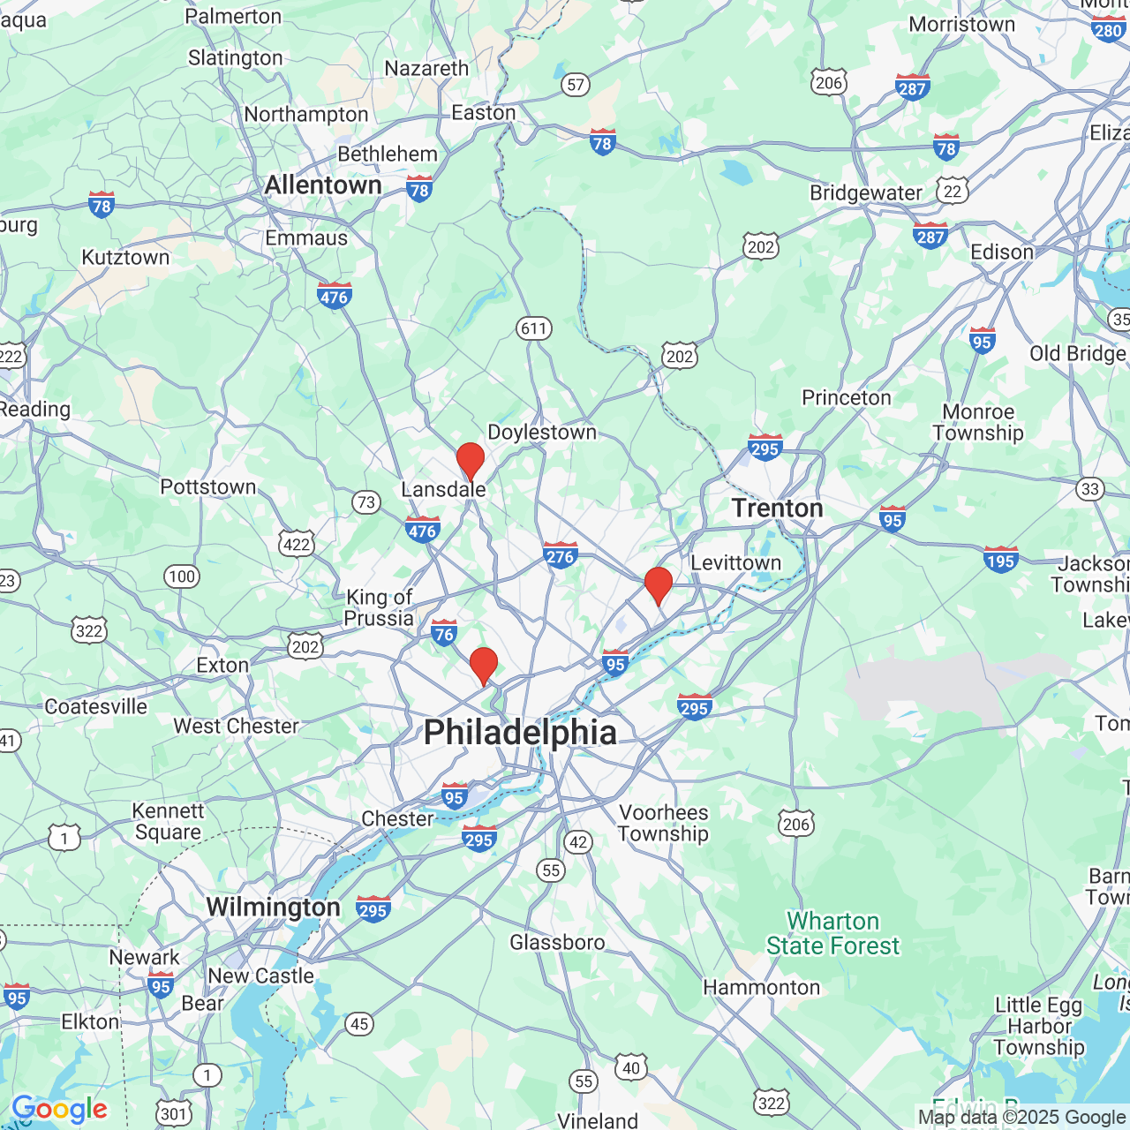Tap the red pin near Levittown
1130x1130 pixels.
(659, 585)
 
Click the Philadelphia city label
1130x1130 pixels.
(520, 733)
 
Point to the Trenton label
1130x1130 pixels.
(777, 508)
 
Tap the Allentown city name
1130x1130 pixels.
(323, 185)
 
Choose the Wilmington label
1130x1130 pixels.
(273, 908)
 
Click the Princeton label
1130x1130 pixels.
(846, 398)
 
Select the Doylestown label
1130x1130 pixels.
(542, 433)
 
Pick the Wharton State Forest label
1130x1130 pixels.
(832, 934)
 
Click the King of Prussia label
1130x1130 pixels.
(379, 607)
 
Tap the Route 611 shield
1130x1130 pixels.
(534, 329)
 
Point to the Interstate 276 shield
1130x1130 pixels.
(560, 555)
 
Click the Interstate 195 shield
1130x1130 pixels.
(1001, 560)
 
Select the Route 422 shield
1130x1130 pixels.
(297, 544)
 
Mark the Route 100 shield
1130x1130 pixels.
(181, 576)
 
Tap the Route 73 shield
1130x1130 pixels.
(365, 503)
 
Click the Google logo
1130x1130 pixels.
(59, 1109)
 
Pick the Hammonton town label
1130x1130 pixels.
(761, 988)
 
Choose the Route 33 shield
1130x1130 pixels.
(1090, 489)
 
